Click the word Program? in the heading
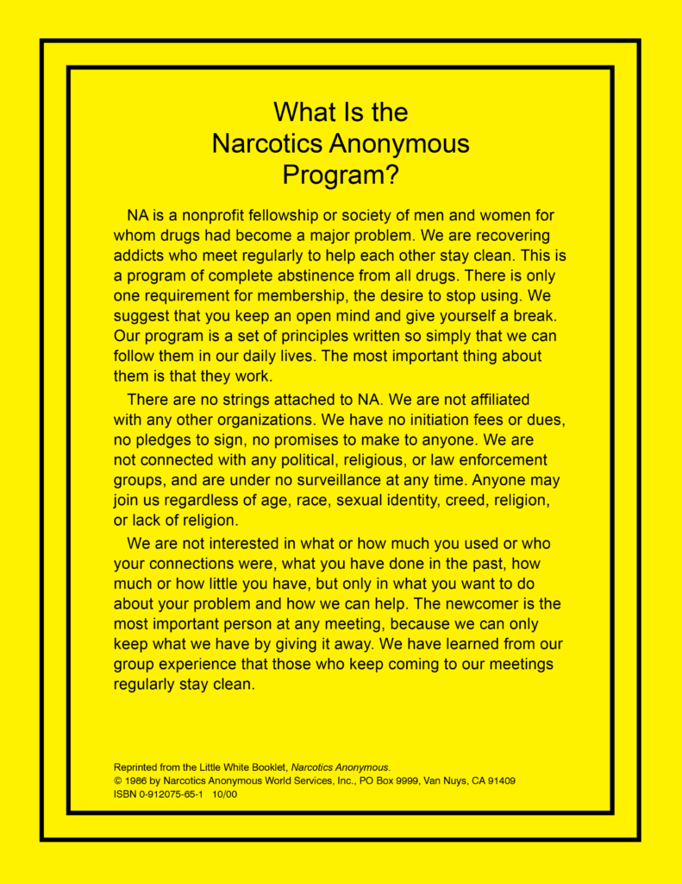point(341,174)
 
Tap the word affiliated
point(492,400)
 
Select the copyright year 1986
point(136,780)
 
